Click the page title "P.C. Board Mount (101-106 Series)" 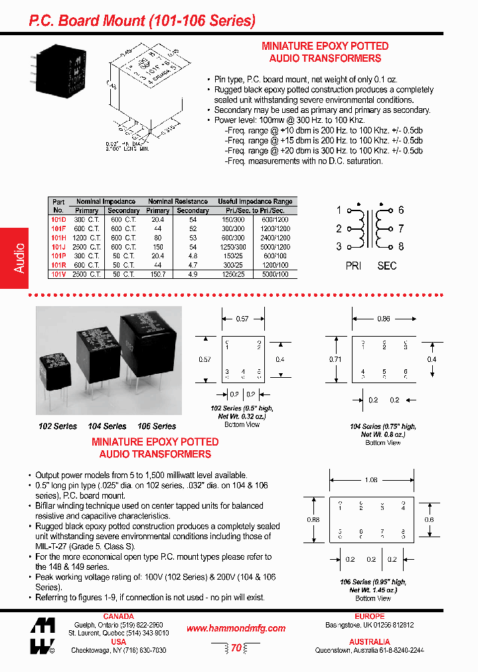[142, 21]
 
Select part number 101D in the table [58, 219]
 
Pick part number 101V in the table [58, 274]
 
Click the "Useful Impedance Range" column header [255, 201]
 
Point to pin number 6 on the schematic [401, 210]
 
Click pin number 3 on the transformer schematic [339, 247]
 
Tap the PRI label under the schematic [353, 266]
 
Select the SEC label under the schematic [386, 266]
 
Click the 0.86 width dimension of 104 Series [383, 319]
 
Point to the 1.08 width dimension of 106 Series [371, 479]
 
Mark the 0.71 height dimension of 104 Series [335, 359]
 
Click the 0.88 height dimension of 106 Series [313, 520]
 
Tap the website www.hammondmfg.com [236, 628]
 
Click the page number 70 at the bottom [236, 648]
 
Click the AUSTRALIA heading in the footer [369, 642]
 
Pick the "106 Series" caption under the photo [157, 426]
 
